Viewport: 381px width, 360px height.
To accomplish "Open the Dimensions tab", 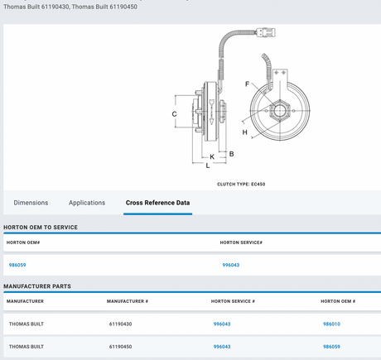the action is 31,203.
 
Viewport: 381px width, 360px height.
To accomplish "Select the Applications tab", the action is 87,203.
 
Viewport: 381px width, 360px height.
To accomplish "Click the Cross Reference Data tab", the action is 157,203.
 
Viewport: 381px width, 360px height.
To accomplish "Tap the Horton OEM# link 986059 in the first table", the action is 17,265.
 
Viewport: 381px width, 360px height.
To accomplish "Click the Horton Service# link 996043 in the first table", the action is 231,265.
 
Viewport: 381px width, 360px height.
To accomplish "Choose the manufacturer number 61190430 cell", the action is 120,324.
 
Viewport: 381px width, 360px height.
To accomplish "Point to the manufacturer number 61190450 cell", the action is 120,347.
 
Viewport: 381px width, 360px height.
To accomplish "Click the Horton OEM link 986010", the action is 331,324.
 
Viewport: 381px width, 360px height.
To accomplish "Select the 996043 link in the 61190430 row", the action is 222,324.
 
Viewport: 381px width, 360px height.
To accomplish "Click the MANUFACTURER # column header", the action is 128,301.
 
